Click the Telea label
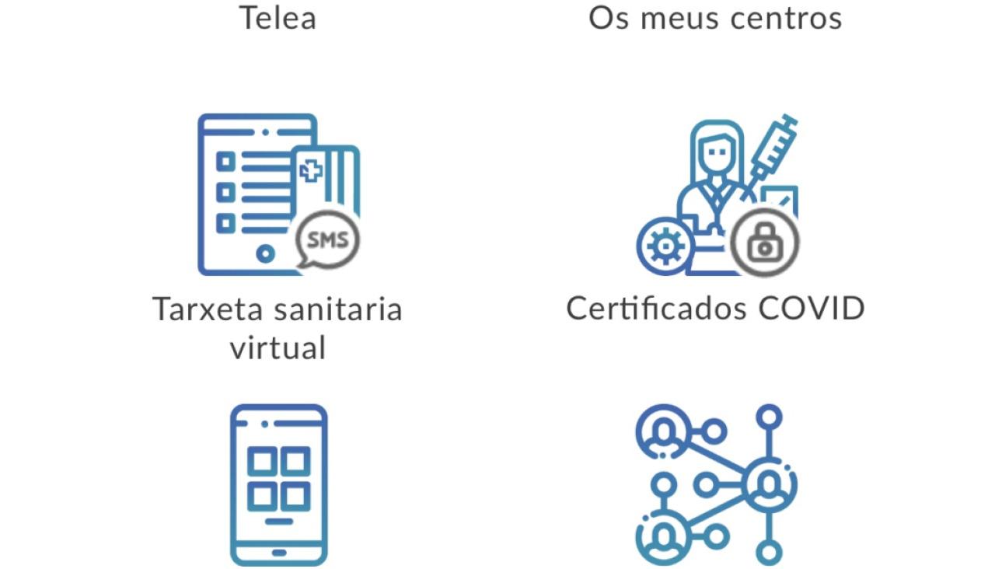click(278, 17)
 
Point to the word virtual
click(278, 347)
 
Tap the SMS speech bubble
click(328, 240)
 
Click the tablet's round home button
click(265, 253)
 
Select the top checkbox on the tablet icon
click(225, 162)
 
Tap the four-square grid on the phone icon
click(278, 479)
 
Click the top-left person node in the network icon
click(662, 429)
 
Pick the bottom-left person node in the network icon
click(662, 536)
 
